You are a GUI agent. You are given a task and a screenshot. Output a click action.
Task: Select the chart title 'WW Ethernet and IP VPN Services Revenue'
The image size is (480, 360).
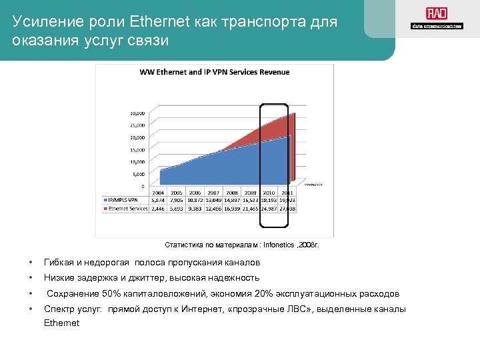click(214, 72)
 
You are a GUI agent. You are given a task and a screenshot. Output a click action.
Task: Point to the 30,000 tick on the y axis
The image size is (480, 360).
click(138, 113)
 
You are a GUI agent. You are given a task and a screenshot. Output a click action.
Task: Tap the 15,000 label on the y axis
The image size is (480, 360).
click(138, 150)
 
